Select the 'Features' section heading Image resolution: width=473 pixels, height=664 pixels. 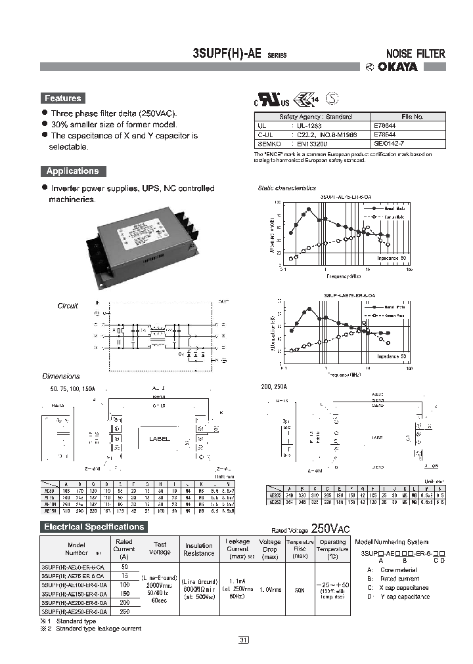pos(62,98)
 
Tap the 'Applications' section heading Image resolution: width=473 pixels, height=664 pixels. pos(72,171)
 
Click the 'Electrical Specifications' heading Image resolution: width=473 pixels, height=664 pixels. pos(93,527)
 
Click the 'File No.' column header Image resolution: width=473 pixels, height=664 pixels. pos(412,116)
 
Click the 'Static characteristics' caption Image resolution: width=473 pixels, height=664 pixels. pos(286,188)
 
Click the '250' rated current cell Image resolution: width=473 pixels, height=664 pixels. pos(124,611)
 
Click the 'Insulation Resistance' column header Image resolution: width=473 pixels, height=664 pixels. pos(198,549)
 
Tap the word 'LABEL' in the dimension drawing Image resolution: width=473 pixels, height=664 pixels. pos(159,439)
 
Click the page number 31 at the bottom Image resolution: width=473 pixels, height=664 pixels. pos(244,640)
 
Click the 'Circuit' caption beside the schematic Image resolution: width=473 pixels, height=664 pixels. pos(68,306)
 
